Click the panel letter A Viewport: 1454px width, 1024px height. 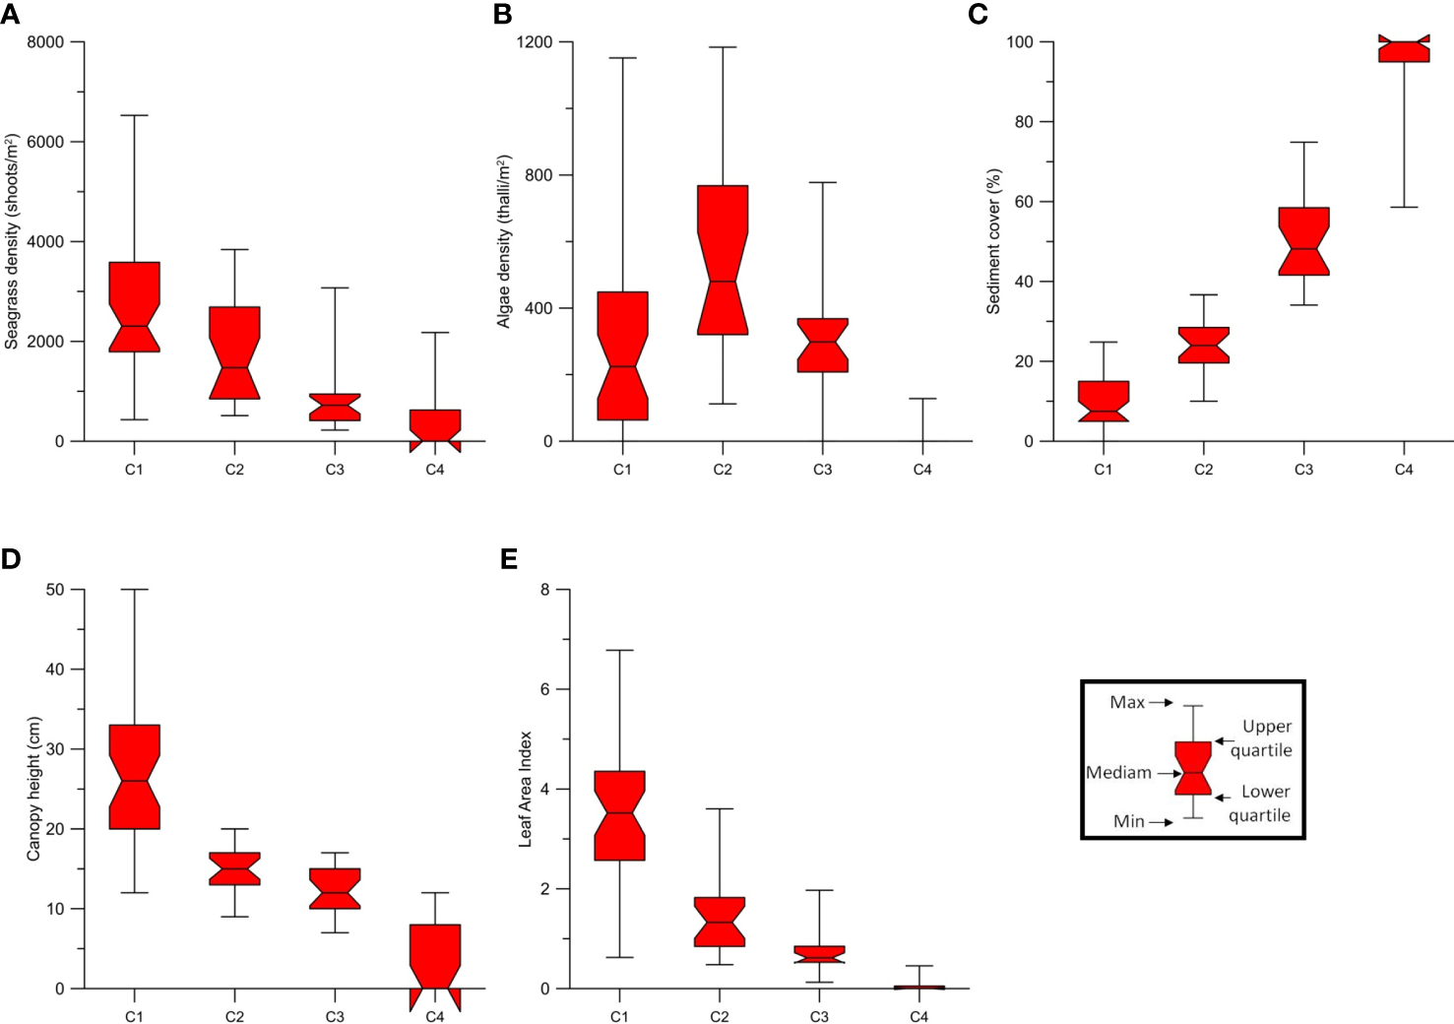[10, 14]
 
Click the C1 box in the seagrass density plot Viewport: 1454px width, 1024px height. [134, 306]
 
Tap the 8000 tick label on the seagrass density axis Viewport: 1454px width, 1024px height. [45, 42]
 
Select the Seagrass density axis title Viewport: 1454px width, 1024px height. [12, 241]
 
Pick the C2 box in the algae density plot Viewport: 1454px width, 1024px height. [723, 260]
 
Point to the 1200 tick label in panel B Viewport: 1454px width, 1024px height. [536, 42]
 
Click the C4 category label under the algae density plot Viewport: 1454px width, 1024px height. [922, 470]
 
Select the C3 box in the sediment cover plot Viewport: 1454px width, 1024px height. [1303, 241]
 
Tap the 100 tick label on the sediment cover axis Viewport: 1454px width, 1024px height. [1019, 42]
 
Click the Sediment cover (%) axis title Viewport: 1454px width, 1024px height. [993, 241]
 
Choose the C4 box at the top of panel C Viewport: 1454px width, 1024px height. [1404, 49]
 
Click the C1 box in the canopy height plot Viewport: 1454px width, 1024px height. [134, 777]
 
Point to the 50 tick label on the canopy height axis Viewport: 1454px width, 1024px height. [55, 589]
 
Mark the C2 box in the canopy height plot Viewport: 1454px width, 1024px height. [234, 868]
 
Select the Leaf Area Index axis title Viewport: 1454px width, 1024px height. [525, 788]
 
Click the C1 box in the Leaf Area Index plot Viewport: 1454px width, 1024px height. [620, 815]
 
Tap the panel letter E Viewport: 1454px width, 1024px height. [509, 559]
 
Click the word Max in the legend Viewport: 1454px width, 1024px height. [1127, 702]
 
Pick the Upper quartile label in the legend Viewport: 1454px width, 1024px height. [1264, 737]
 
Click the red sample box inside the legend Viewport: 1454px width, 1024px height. [1193, 768]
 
